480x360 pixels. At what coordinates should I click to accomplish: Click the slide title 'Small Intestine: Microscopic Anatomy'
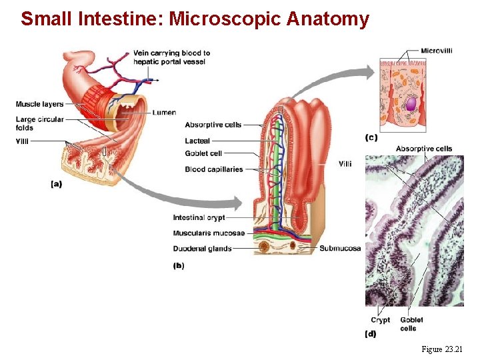click(195, 19)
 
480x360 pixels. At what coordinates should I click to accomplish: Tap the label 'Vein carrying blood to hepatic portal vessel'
click(171, 57)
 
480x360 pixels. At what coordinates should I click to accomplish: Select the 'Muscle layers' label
click(39, 104)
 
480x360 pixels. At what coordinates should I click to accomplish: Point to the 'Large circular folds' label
click(39, 123)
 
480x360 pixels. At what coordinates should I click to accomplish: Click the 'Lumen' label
click(164, 113)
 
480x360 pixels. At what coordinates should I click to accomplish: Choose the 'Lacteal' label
click(197, 141)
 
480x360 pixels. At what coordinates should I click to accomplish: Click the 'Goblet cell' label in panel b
click(203, 153)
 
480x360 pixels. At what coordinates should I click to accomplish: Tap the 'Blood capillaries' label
click(214, 169)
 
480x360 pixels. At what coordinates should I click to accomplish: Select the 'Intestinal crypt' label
click(199, 217)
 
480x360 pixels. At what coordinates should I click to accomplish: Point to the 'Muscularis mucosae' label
click(209, 233)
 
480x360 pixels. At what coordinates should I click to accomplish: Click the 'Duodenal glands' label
click(202, 249)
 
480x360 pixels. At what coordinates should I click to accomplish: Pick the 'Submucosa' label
click(340, 248)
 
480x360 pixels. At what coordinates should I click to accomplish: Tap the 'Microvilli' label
click(437, 51)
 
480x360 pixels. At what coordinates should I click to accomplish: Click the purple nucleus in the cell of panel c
click(411, 105)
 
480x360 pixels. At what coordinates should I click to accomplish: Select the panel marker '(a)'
click(56, 184)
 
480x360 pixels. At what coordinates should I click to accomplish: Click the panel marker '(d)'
click(371, 334)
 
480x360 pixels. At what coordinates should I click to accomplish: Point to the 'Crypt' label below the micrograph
click(381, 320)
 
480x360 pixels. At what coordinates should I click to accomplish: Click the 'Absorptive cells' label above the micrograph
click(423, 149)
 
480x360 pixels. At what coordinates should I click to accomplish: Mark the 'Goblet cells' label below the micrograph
click(411, 324)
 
